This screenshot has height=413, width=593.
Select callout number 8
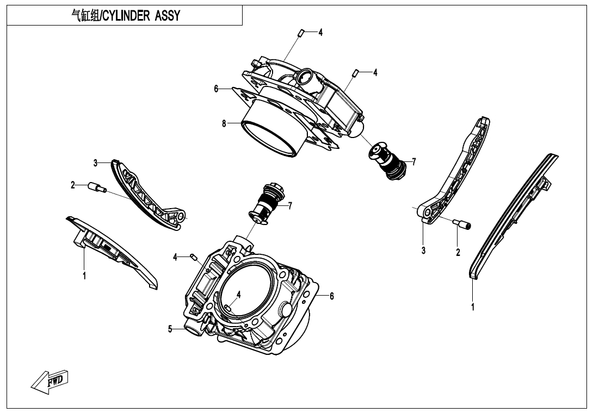pos(224,123)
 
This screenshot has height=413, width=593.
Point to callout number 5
pos(170,328)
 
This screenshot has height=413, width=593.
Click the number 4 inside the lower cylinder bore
pos(239,294)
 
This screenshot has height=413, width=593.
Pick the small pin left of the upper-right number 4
pos(355,73)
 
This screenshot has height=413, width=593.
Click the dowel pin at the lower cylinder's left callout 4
pos(193,256)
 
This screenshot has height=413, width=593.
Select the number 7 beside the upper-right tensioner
pos(413,161)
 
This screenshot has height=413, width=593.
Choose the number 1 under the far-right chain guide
pos(473,307)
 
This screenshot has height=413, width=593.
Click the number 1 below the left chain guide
pos(84,276)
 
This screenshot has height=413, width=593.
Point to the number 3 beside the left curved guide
pos(95,162)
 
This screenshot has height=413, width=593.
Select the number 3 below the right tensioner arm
pos(423,251)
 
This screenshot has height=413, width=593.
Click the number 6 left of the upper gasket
pos(216,89)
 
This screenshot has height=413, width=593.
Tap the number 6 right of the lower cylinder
pos(332,296)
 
